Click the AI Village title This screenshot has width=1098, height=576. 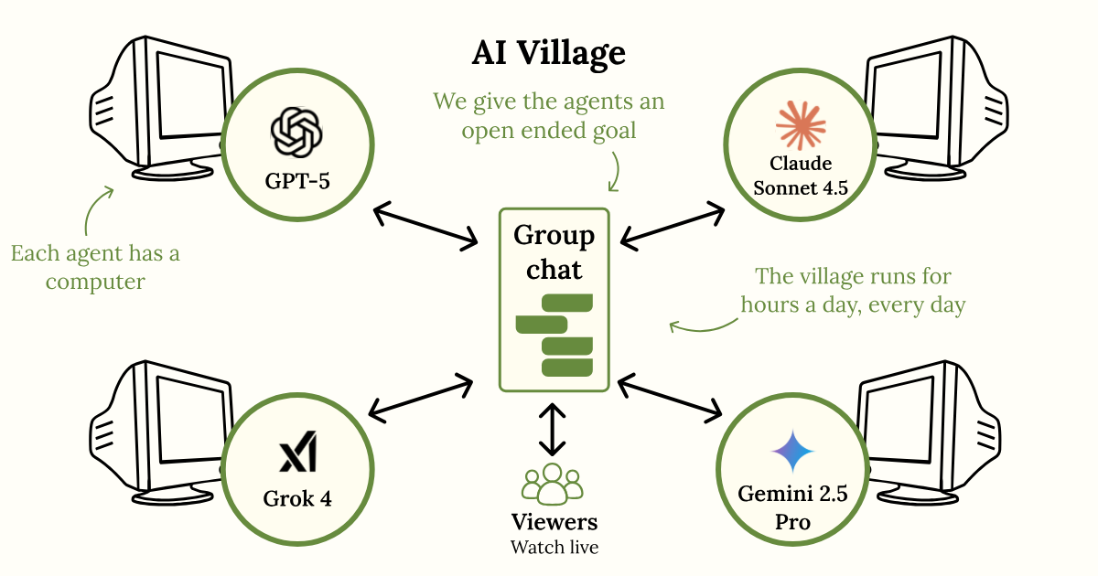point(549,54)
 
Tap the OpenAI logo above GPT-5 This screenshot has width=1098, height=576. point(297,131)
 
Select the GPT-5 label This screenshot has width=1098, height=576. point(297,180)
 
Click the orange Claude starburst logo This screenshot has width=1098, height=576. point(801,125)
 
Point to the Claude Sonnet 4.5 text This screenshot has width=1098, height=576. point(801,176)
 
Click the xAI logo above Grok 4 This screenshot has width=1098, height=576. point(297,453)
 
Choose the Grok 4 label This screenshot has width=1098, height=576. point(297,499)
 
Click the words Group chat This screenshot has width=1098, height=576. point(554,252)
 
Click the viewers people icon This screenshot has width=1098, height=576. point(552,484)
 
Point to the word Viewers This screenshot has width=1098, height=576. point(554,522)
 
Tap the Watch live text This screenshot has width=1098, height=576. point(554,548)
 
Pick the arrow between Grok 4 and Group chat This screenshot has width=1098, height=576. point(422,396)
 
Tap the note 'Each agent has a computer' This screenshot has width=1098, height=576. point(95,267)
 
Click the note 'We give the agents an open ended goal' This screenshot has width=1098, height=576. point(549,115)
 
